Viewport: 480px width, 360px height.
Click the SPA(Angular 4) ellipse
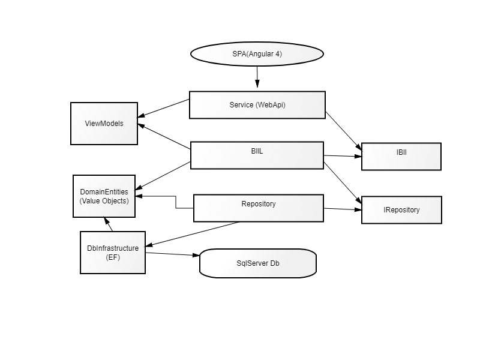click(257, 54)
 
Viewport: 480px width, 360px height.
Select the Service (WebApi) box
click(257, 105)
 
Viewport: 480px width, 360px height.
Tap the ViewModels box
click(104, 124)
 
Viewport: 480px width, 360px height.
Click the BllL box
click(257, 155)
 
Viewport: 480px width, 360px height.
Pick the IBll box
click(401, 157)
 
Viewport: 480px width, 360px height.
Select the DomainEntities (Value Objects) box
click(104, 196)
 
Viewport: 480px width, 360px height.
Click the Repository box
click(259, 208)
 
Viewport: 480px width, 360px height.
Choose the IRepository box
click(401, 210)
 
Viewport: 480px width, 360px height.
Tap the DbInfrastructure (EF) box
click(113, 253)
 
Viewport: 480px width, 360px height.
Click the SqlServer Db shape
click(258, 263)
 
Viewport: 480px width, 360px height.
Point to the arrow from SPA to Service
click(257, 77)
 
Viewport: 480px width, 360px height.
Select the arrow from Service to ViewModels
click(163, 108)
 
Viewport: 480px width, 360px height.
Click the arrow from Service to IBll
click(344, 131)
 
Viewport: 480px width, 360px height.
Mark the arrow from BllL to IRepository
click(343, 183)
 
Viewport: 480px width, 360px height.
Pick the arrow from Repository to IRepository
click(343, 209)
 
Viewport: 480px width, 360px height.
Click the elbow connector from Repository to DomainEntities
click(176, 202)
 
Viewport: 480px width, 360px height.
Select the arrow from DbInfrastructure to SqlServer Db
click(172, 254)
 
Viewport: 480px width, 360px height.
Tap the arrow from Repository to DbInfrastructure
click(192, 234)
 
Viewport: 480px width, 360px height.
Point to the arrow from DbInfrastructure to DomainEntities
click(108, 224)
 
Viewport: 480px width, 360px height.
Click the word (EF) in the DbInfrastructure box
click(113, 257)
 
